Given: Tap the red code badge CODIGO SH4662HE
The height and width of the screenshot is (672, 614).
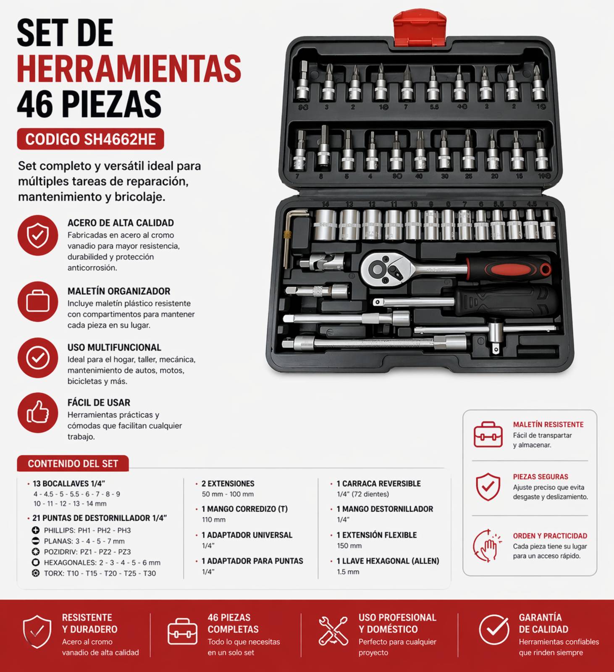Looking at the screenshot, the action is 90,139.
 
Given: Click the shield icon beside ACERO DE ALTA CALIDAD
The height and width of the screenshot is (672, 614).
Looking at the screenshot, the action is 38,235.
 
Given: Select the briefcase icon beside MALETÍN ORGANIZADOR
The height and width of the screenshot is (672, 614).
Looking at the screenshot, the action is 38,302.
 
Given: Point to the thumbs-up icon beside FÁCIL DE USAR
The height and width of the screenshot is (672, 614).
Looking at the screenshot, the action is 38,412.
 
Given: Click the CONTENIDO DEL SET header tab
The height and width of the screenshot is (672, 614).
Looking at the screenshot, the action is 73,464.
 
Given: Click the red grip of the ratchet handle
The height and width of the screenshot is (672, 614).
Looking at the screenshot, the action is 519,270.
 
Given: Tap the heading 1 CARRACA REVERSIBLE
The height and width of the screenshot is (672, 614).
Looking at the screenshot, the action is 378,483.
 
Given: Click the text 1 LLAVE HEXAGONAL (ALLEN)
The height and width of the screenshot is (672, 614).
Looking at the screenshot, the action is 388,561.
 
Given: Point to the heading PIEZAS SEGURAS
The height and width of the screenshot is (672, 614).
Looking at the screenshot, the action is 541,477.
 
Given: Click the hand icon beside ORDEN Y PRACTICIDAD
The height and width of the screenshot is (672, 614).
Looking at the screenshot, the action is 487,545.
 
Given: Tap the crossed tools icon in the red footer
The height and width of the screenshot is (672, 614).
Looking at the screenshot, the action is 333,630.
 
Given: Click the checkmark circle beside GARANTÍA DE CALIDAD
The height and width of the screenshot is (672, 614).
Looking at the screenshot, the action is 494,630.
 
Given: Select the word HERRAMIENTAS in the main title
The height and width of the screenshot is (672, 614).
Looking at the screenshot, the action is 129,68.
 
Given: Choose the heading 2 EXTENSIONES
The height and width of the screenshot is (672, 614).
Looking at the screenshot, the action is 228,483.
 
